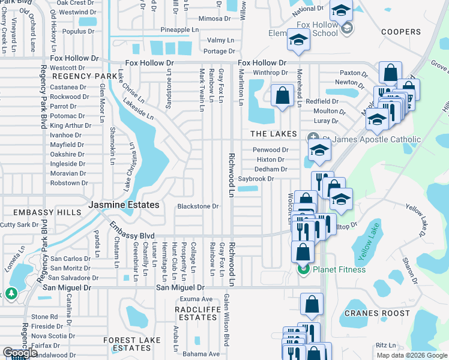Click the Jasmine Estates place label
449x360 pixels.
(x=124, y=205)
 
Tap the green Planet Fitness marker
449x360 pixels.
(x=303, y=269)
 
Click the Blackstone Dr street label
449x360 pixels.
(x=197, y=206)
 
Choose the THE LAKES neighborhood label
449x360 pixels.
(x=273, y=133)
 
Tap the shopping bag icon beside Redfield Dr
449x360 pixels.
(x=282, y=95)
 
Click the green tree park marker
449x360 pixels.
(x=11, y=293)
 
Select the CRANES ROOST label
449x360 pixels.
(x=378, y=313)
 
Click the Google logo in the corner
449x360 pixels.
(x=20, y=353)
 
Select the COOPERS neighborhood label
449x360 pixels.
(x=401, y=32)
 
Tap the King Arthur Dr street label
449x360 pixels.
(x=70, y=125)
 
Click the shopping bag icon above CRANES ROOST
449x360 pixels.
(x=312, y=305)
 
